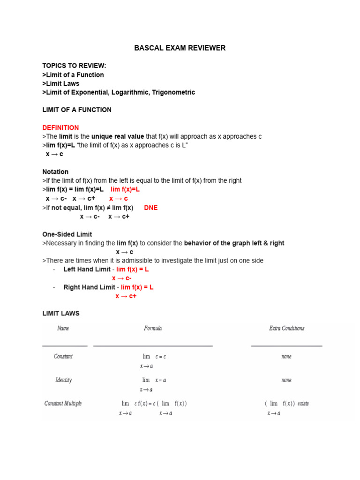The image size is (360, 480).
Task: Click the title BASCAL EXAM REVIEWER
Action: click(x=180, y=48)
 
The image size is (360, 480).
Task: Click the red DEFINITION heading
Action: click(x=60, y=127)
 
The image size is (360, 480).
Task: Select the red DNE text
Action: click(x=151, y=208)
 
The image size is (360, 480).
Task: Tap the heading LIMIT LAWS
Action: click(x=61, y=313)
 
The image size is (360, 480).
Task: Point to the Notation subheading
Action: click(x=55, y=172)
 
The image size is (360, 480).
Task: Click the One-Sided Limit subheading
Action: click(x=67, y=234)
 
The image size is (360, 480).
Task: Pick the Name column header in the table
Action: click(x=63, y=329)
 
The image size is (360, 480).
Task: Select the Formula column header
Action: click(x=153, y=329)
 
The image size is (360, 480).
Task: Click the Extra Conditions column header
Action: click(x=286, y=329)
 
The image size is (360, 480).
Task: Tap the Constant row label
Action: click(x=63, y=356)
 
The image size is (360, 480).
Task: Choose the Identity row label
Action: click(x=63, y=380)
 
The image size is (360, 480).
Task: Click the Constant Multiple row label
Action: click(x=63, y=404)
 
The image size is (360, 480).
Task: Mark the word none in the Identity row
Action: click(x=286, y=380)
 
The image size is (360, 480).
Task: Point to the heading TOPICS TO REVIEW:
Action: click(x=74, y=66)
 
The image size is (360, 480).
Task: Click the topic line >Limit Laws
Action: click(x=61, y=83)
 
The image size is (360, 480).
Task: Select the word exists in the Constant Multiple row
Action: click(x=303, y=404)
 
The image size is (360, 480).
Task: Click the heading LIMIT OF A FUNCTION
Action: click(x=77, y=110)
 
